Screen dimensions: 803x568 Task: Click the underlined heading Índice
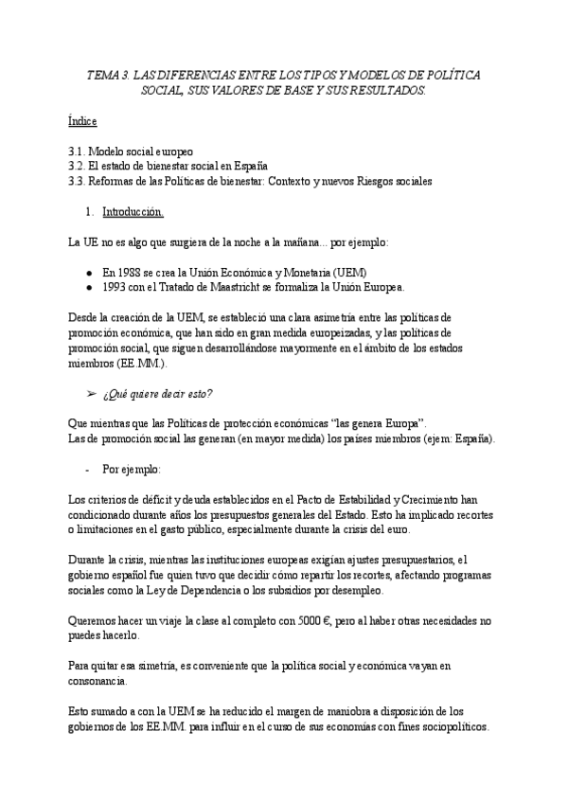[x=83, y=122]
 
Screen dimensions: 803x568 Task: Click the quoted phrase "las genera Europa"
[x=378, y=422]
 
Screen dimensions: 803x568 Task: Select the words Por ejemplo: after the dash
[x=133, y=468]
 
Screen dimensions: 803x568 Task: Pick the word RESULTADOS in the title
[x=379, y=91]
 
